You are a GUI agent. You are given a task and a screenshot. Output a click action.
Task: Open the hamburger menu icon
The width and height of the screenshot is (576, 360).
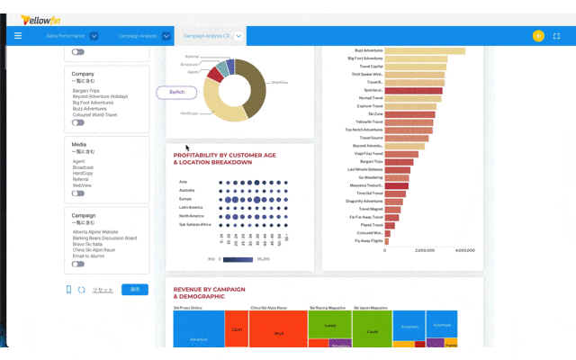point(17,36)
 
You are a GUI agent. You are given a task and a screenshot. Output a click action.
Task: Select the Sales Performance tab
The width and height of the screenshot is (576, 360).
point(65,36)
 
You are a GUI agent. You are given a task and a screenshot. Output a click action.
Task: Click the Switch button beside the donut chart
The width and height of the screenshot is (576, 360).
point(176,92)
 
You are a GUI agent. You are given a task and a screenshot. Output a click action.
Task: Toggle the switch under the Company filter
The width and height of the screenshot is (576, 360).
point(78,123)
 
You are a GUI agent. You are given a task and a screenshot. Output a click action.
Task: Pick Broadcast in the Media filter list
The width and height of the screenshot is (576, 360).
point(83,167)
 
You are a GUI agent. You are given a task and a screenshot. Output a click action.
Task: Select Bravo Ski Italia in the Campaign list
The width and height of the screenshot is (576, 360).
point(92,244)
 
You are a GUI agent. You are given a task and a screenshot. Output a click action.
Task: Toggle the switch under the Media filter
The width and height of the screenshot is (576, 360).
point(78,193)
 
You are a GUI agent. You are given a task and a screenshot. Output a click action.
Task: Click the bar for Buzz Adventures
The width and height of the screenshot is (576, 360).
point(424,50)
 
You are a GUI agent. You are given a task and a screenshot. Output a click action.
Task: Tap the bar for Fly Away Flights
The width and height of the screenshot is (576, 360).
point(387,240)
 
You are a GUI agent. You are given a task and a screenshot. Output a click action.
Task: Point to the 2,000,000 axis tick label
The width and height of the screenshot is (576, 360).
point(426,250)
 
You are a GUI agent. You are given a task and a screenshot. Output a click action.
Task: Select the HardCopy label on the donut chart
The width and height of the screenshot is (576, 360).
point(189,113)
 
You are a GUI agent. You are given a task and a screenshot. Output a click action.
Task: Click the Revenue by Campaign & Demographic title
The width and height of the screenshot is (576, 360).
point(211,292)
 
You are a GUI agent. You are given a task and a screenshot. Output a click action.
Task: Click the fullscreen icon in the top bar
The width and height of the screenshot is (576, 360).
point(557,36)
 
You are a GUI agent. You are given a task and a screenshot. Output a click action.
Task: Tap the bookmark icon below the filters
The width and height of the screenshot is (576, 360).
point(68,290)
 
